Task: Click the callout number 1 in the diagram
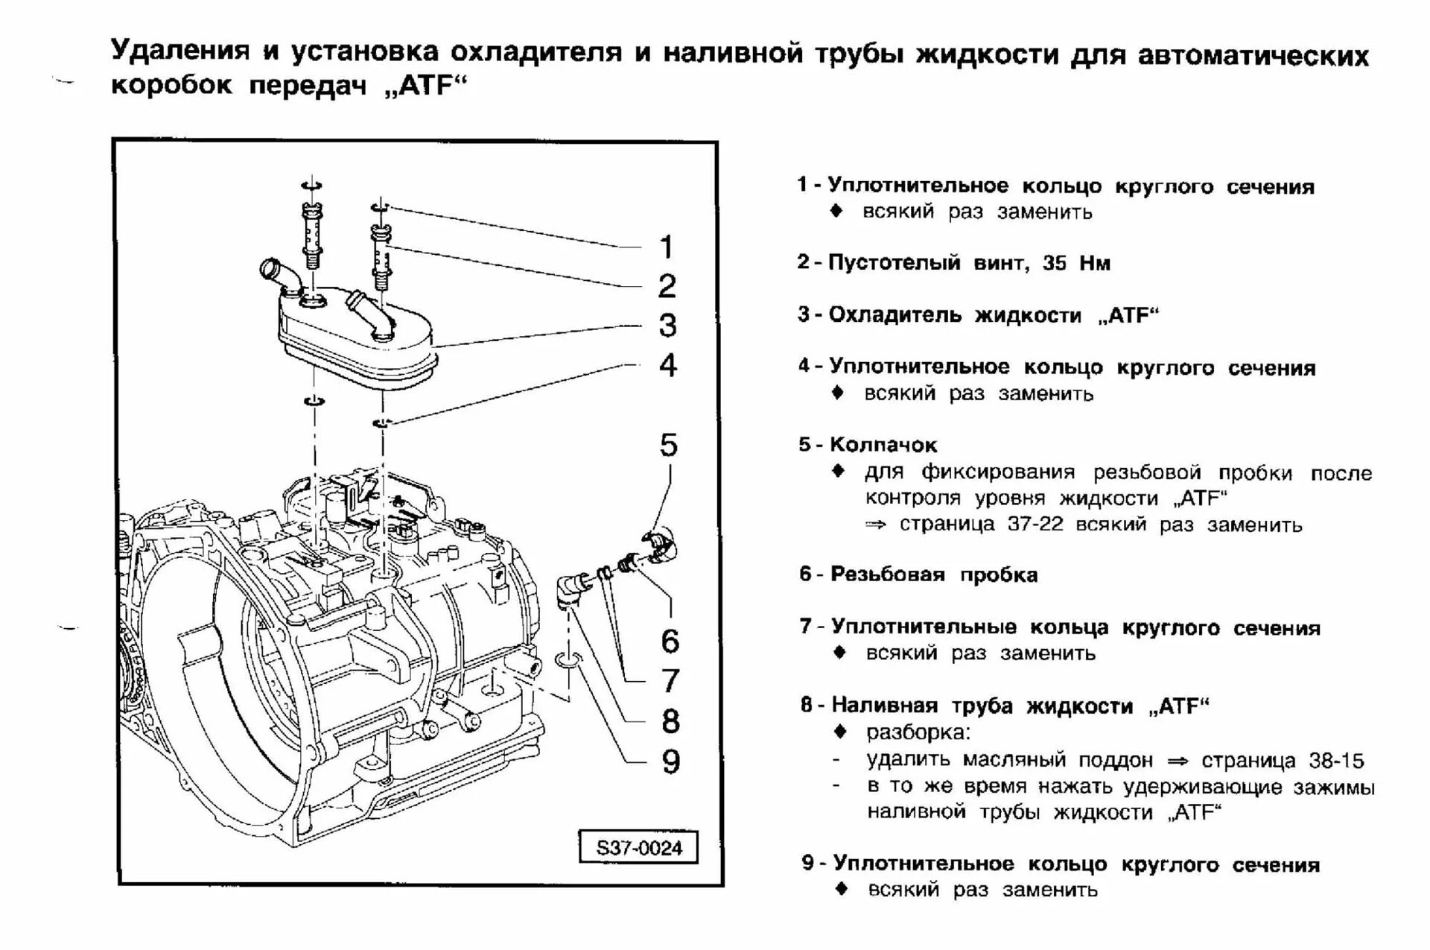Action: tap(667, 247)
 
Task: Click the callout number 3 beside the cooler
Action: tap(667, 326)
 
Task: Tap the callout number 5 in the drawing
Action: tap(668, 445)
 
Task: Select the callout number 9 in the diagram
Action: tap(670, 761)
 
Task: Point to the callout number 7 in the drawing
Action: tap(670, 680)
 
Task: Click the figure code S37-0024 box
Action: tap(639, 848)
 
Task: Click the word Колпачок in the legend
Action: tap(883, 445)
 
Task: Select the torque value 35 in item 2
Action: tap(1054, 263)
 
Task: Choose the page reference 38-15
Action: tap(1336, 761)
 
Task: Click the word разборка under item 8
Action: tap(918, 732)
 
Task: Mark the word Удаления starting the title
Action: tap(179, 51)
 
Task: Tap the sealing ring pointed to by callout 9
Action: tap(568, 659)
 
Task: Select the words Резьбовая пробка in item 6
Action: tap(934, 574)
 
